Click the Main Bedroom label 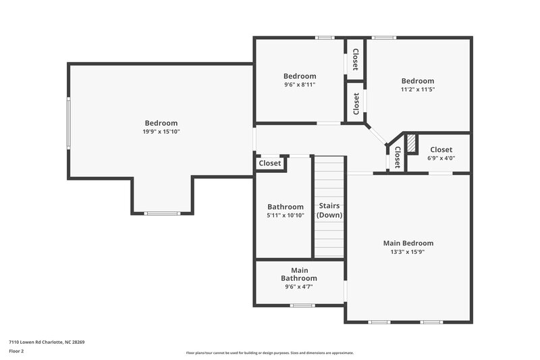click(408, 243)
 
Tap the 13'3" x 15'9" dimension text click(408, 252)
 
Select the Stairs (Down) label click(329, 210)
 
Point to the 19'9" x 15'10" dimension click(161, 132)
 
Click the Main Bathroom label click(299, 274)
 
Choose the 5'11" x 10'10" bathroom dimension click(286, 215)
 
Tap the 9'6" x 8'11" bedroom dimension click(299, 84)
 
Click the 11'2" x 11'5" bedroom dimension click(418, 89)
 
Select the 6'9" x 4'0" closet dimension click(441, 158)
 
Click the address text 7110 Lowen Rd click(47, 342)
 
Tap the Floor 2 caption click(16, 351)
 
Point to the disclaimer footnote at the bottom click(269, 353)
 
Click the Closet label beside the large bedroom click(270, 163)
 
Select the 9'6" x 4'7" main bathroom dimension click(299, 286)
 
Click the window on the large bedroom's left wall click(68, 122)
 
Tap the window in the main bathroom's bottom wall click(302, 305)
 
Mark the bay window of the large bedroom click(162, 213)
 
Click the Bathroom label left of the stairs click(286, 207)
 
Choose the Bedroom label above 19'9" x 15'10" click(161, 123)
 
